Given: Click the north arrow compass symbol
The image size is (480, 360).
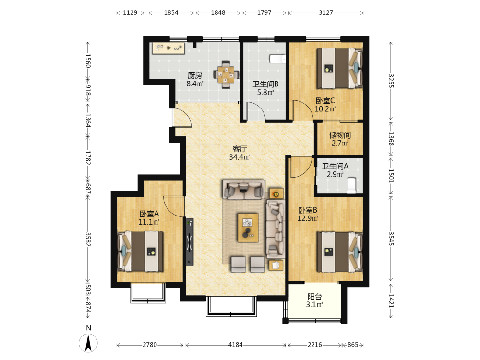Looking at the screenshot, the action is coord(88,343).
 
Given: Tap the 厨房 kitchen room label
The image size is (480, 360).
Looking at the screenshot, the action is coord(195,75).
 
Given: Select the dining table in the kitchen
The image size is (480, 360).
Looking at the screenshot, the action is coord(226,75).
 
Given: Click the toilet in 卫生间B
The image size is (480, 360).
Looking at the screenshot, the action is coord(277,59).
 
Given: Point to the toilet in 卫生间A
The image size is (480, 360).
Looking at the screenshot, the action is coord(351,185).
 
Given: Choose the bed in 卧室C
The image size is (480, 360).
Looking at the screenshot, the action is coord(340,68).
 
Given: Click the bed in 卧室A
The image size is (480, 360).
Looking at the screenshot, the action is coord(140,252).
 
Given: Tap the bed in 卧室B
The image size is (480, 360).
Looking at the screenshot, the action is coord(340,252).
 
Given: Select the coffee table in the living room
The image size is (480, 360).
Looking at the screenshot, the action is coord(248,228).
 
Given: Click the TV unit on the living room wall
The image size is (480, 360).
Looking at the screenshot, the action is coord(190,241).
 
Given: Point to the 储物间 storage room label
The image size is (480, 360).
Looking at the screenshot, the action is coord(340,135).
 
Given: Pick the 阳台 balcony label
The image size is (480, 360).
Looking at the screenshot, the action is coord(315,296).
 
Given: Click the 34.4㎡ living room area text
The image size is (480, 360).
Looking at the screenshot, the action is coord(240,157).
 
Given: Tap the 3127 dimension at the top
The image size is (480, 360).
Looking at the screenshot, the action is coord(326,12).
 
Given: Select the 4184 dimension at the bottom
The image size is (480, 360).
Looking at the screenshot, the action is coord(235,345).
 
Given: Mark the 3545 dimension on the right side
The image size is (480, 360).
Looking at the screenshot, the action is coord(391,239).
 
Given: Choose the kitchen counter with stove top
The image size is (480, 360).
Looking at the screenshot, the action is coord(168,48).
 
